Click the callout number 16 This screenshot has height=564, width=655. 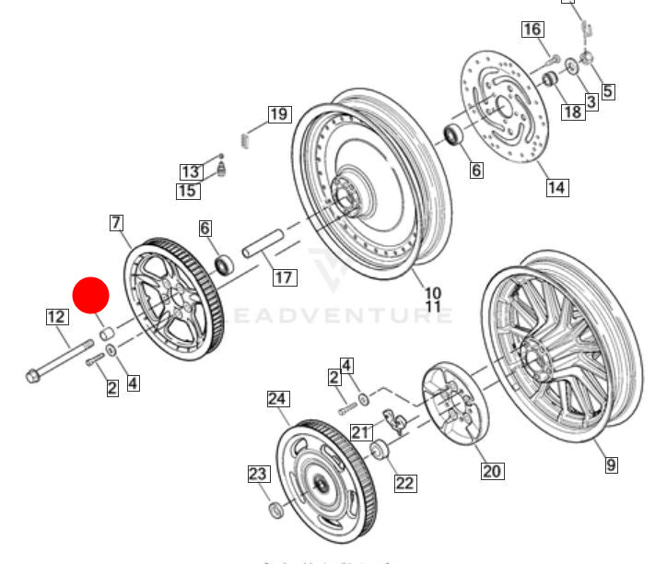[532, 29]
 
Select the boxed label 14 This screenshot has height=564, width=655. [556, 188]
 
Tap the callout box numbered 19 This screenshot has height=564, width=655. [279, 114]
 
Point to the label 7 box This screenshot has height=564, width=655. [116, 222]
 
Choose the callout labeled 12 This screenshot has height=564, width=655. [56, 317]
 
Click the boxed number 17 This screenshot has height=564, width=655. [284, 276]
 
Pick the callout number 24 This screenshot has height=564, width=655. [278, 399]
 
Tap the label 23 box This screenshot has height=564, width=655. [259, 475]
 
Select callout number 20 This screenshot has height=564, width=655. [492, 471]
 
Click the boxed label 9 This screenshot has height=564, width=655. [611, 465]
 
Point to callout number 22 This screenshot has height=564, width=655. [405, 482]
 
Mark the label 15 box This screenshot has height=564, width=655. [188, 191]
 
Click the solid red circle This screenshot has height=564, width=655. [91, 296]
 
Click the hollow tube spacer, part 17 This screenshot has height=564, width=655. [263, 242]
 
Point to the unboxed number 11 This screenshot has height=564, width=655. [433, 306]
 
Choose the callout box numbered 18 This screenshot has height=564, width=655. [572, 112]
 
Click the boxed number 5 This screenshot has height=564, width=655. [607, 91]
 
